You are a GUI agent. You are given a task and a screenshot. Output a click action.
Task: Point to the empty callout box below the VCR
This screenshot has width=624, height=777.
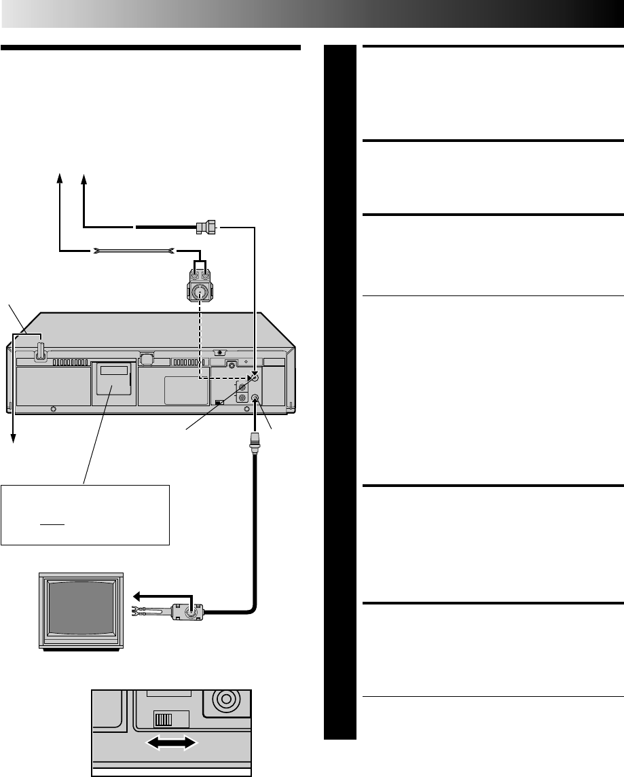[x=85, y=514]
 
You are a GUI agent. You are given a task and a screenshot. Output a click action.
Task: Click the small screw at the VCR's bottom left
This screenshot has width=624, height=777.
[x=54, y=410]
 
